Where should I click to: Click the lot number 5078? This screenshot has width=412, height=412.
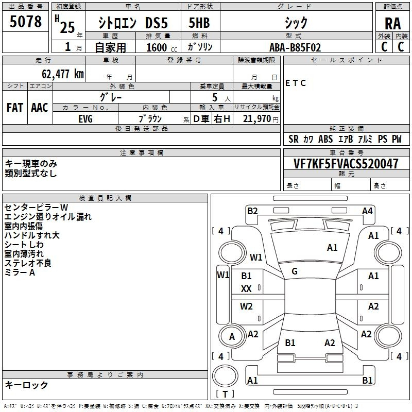pos(25,22)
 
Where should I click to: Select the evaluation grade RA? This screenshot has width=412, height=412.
pos(392,24)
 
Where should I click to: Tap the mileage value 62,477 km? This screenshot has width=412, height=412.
pos(63,74)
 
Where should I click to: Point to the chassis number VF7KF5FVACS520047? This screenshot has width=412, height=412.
pos(346,164)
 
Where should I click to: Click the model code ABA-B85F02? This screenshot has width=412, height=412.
pos(295,47)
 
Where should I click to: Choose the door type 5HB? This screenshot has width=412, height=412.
pos(199,23)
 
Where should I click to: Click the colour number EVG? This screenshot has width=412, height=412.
pos(85,119)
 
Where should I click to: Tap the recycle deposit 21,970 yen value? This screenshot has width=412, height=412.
pos(260,119)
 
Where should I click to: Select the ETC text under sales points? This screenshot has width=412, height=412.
pos(296,83)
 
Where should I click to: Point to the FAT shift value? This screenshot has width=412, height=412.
pos(15,108)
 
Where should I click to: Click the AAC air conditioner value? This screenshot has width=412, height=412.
pos(40,108)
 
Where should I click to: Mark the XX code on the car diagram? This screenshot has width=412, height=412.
pos(246,289)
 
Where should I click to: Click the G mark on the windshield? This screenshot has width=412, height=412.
pos(295,271)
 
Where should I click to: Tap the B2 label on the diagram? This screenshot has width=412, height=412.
pos(252,211)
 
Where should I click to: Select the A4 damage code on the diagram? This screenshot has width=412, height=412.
pos(367,211)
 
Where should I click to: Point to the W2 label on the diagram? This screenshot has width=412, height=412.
pos(246,306)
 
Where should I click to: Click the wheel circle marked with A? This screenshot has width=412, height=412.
pos(232,336)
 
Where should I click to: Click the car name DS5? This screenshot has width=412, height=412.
pos(157,23)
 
